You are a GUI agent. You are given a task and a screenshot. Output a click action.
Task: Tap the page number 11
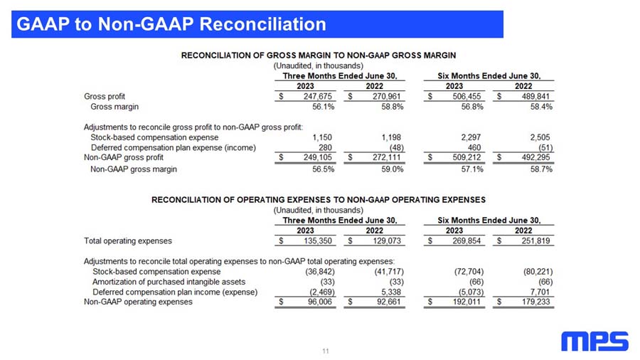point(326,351)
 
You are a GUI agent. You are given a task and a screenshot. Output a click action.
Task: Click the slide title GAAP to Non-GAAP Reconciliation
point(171,25)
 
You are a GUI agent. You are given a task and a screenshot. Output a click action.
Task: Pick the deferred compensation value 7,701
point(541,292)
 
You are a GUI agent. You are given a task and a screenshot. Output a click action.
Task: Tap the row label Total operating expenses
point(128,240)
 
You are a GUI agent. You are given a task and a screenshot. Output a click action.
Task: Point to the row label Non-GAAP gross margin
point(134,169)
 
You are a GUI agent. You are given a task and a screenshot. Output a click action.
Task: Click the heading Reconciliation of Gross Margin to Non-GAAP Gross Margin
point(319,55)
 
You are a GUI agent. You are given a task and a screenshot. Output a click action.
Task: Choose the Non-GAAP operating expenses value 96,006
point(319,302)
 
